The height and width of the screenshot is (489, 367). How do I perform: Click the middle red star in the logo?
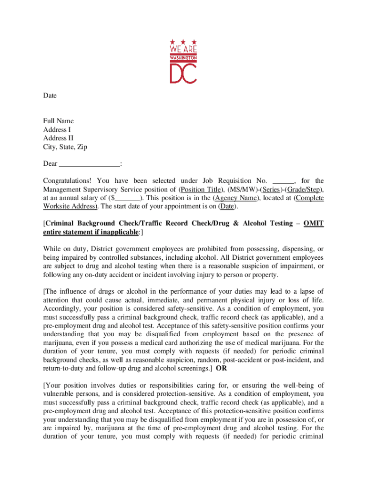tap(183, 43)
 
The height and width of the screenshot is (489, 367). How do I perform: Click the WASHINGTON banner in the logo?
tap(183, 57)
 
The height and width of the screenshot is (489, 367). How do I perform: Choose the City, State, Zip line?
tap(65, 147)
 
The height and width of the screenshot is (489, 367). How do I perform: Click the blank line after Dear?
tap(90, 164)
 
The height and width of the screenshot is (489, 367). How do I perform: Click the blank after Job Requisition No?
tap(283, 181)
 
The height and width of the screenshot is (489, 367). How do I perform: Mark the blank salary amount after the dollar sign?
tap(128, 198)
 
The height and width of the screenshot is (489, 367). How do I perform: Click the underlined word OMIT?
tap(314, 223)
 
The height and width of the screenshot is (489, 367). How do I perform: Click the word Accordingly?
tap(62, 308)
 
